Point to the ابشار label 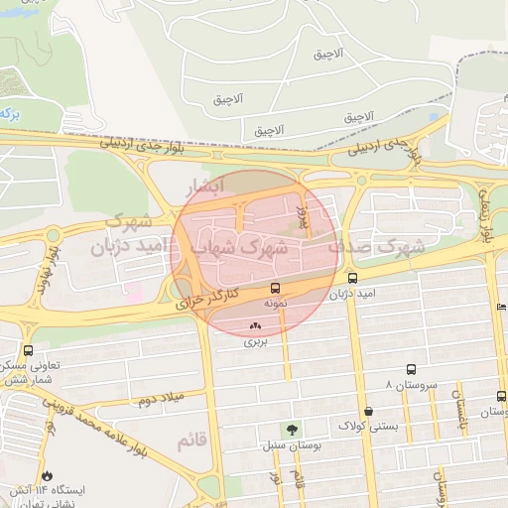(x=206, y=186)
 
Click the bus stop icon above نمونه (x=275, y=288)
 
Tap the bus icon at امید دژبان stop (x=353, y=279)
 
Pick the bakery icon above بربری (x=256, y=325)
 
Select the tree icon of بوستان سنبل (x=292, y=430)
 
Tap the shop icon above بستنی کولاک (x=368, y=411)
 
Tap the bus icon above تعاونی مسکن (x=27, y=350)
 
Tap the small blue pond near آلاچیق (x=434, y=115)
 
